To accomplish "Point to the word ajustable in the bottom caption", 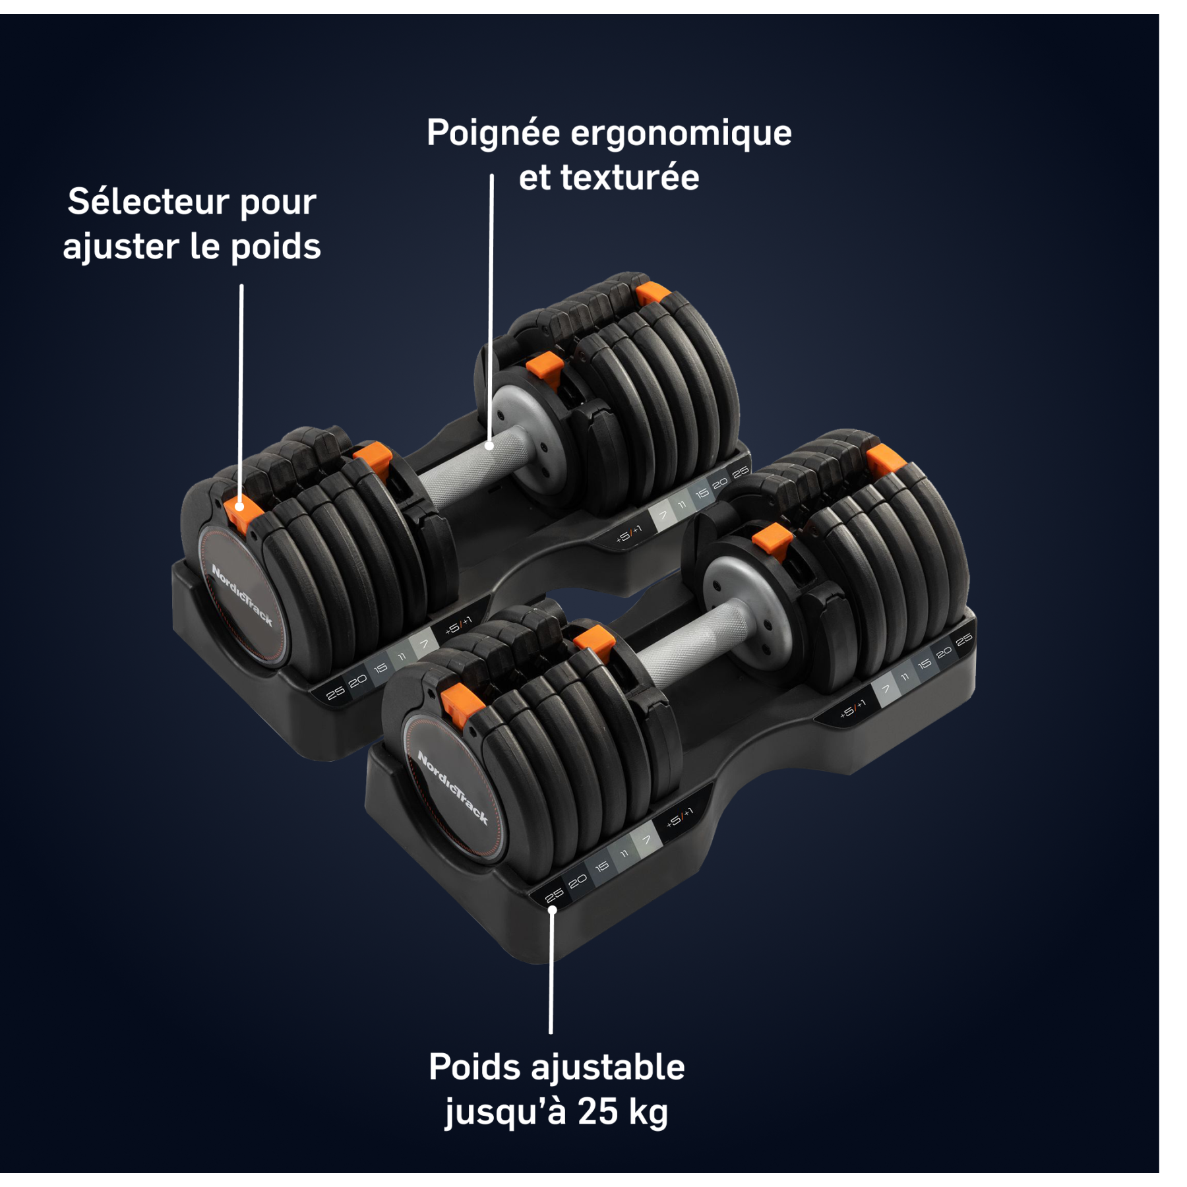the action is point(607,1068).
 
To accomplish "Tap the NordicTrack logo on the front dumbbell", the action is point(453,787).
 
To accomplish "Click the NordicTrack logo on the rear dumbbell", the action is point(242,595).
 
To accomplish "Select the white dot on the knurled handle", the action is point(489,446).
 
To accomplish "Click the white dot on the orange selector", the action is point(240,506).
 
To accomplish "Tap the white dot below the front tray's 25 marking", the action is point(553,910).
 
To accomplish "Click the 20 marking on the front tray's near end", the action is point(578,881).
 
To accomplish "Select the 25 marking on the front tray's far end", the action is point(963,640).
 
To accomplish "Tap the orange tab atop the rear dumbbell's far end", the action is point(652,292).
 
